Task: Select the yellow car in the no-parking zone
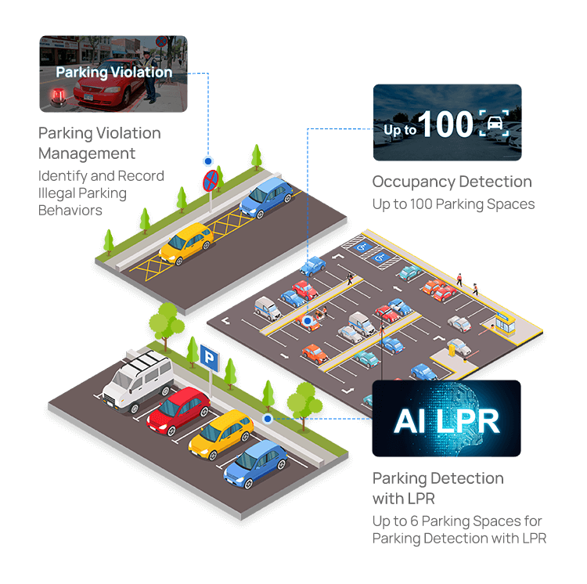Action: click(186, 243)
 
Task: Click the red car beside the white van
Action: click(178, 409)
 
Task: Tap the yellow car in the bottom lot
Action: click(220, 434)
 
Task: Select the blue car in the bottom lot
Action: click(255, 463)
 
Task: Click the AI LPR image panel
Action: click(446, 419)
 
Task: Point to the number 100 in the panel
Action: click(446, 125)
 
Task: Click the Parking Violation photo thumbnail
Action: click(113, 74)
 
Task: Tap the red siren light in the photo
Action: click(57, 97)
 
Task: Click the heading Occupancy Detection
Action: click(452, 182)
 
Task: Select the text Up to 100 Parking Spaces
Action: click(453, 204)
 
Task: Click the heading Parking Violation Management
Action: click(99, 142)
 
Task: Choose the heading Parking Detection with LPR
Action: click(438, 487)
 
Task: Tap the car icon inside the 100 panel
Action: click(495, 124)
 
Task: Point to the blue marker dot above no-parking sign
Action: click(208, 160)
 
